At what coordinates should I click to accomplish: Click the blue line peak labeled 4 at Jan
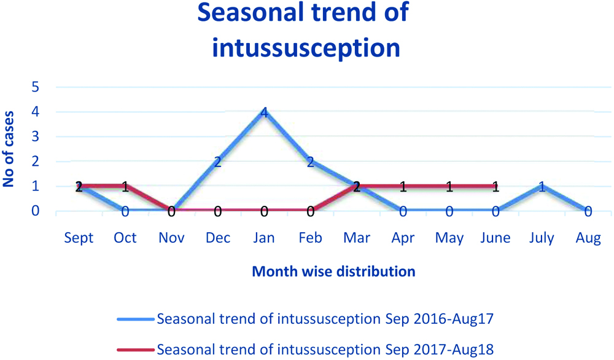(x=264, y=112)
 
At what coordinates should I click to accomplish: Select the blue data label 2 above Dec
(x=217, y=162)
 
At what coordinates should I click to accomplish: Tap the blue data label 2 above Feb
(x=311, y=162)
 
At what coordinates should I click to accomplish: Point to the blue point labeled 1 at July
(x=542, y=186)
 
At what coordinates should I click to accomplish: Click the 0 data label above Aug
(x=588, y=212)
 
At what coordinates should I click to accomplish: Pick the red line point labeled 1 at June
(x=495, y=186)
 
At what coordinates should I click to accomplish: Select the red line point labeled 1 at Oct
(x=125, y=186)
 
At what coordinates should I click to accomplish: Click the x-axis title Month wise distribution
(x=333, y=271)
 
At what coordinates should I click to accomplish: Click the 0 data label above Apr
(x=403, y=212)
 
